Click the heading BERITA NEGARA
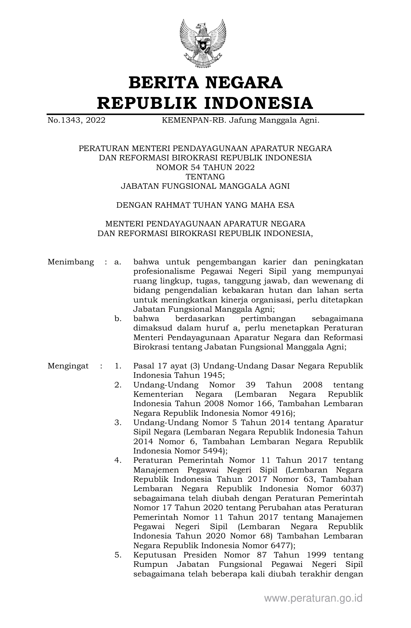coord(205,82)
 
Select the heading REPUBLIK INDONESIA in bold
coord(205,103)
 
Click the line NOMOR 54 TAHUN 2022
coord(205,167)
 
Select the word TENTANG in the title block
coord(205,177)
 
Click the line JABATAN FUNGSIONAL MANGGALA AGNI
coord(205,186)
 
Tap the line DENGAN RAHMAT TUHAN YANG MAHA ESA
coord(205,205)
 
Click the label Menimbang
coord(71,262)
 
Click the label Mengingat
coord(68,366)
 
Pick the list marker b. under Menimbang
coord(118,319)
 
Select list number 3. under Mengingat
coord(118,423)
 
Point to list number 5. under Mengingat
coord(118,555)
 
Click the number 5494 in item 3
coord(210,451)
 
